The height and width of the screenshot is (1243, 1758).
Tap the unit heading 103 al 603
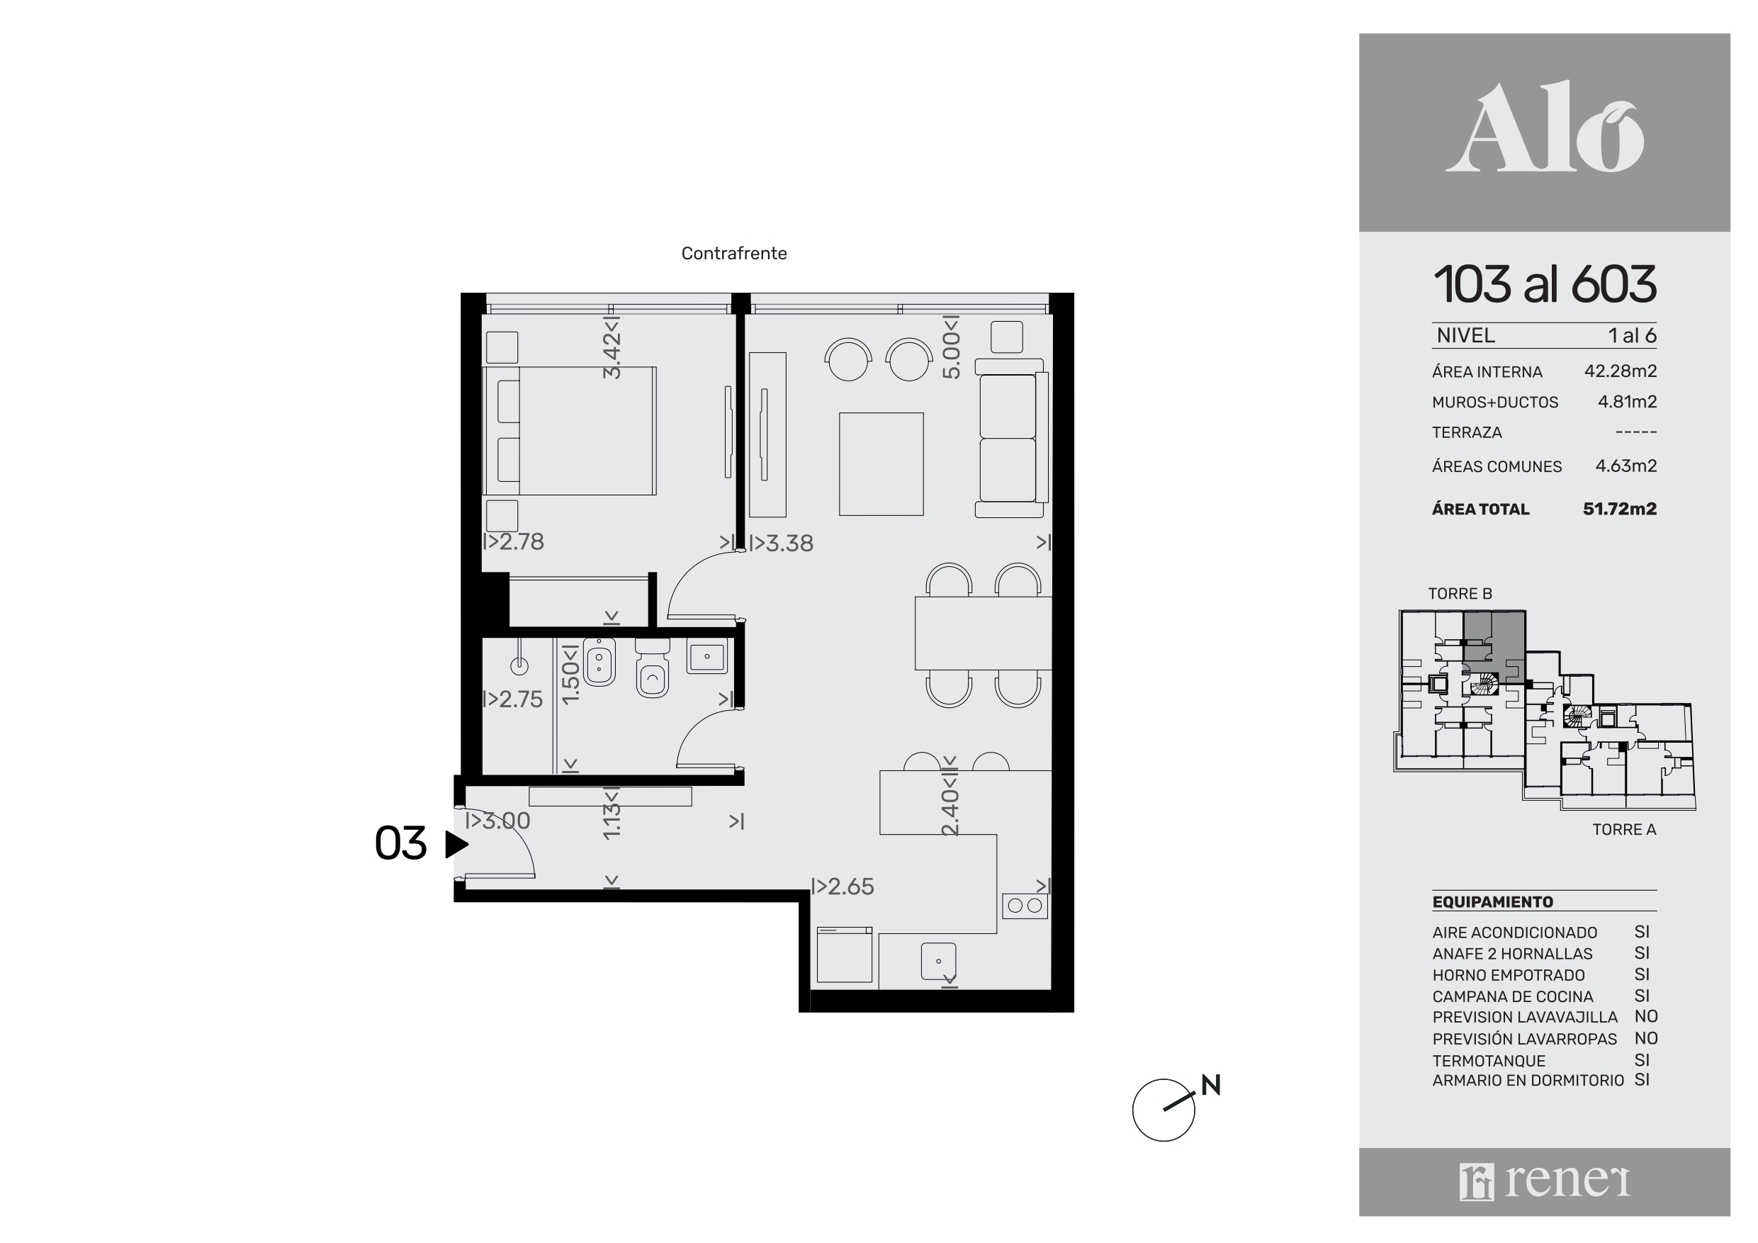pyautogui.click(x=1545, y=284)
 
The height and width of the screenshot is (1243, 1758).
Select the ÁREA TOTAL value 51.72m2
pyautogui.click(x=1619, y=510)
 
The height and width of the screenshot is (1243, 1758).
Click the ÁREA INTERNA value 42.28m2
pyautogui.click(x=1620, y=371)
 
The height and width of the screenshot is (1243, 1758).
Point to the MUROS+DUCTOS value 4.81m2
pyautogui.click(x=1627, y=402)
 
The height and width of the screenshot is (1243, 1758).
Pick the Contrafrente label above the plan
pyautogui.click(x=733, y=254)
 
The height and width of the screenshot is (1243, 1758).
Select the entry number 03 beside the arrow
pyautogui.click(x=400, y=844)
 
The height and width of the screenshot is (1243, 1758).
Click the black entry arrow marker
pyautogui.click(x=456, y=845)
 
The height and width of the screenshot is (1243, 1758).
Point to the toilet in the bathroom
pyautogui.click(x=653, y=670)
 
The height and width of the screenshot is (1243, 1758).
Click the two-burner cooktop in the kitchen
pyautogui.click(x=1025, y=906)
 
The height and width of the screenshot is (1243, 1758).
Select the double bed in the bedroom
pyautogui.click(x=569, y=430)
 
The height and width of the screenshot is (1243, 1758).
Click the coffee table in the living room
pyautogui.click(x=881, y=464)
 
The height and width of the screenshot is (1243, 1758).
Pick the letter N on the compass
pyautogui.click(x=1210, y=1085)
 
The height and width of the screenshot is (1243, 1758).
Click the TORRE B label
pyautogui.click(x=1460, y=594)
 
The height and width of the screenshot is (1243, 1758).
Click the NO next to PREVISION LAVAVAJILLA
pyautogui.click(x=1645, y=1016)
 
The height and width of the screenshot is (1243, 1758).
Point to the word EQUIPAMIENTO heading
pyautogui.click(x=1492, y=902)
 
